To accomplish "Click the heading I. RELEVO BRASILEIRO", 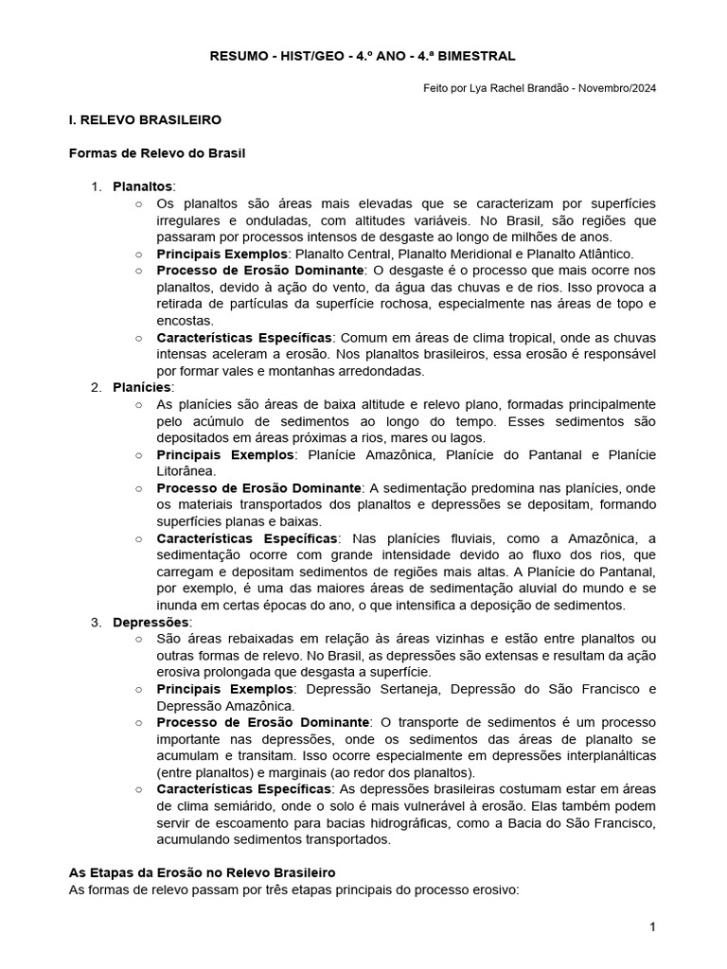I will pyautogui.click(x=145, y=120).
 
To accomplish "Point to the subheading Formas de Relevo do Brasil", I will pyautogui.click(x=157, y=153).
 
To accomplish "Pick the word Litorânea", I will pyautogui.click(x=186, y=470).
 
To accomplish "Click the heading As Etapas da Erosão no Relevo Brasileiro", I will pyautogui.click(x=203, y=872).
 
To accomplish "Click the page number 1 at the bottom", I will pyautogui.click(x=652, y=927).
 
